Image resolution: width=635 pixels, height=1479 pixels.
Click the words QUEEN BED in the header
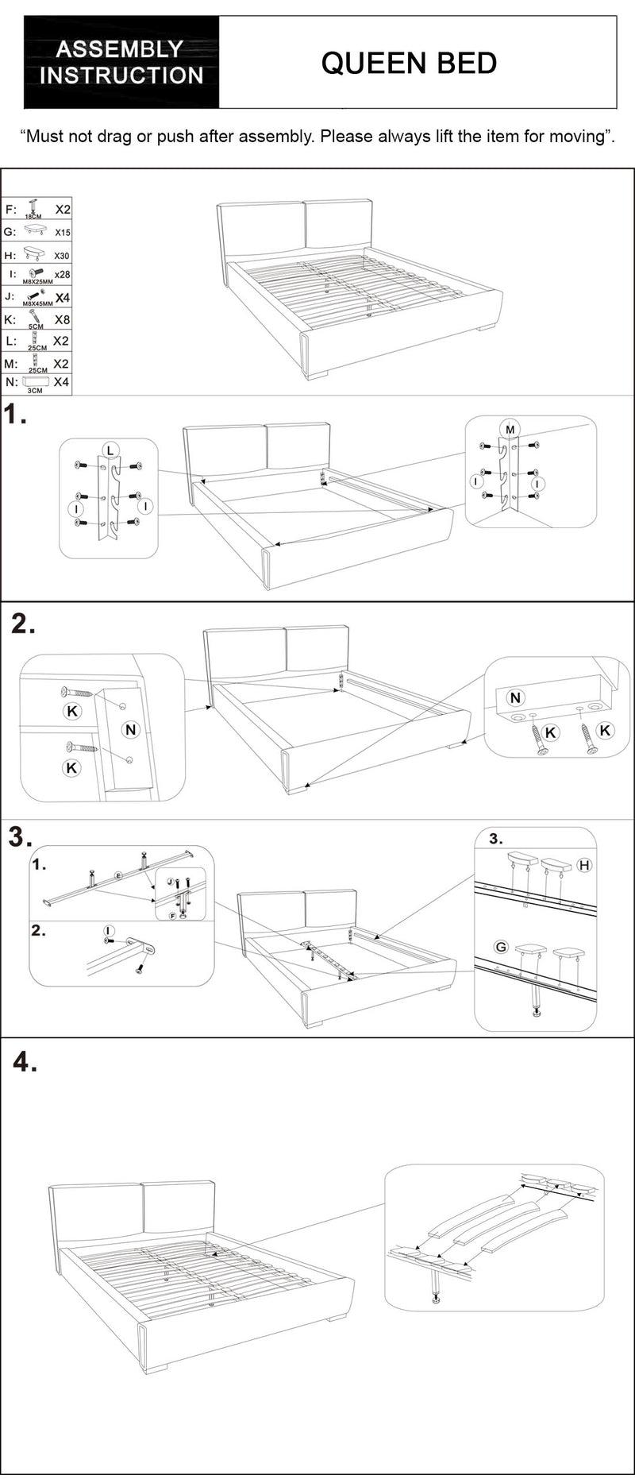[x=409, y=63]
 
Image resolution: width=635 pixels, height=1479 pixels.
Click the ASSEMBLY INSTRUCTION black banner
[x=121, y=63]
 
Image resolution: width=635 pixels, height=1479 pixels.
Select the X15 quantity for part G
[x=62, y=233]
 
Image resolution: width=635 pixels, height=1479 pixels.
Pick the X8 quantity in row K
[x=62, y=320]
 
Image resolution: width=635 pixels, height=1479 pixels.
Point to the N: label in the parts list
[x=11, y=382]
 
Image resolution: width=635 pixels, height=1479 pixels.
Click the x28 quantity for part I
[x=62, y=275]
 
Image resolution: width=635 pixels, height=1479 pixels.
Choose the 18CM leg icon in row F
[x=33, y=208]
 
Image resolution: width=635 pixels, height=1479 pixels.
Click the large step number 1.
[x=14, y=415]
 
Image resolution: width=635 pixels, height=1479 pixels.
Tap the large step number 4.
[x=25, y=1062]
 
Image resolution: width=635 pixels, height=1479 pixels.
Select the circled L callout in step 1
[x=110, y=450]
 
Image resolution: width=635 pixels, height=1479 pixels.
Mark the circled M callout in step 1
[x=510, y=430]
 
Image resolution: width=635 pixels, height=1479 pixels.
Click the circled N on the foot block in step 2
[x=516, y=697]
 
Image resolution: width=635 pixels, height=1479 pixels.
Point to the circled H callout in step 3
[x=585, y=865]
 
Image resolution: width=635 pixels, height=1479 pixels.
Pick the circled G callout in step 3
[x=501, y=947]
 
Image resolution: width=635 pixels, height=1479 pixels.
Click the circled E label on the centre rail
[x=118, y=875]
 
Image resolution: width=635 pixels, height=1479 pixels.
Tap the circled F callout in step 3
[x=172, y=916]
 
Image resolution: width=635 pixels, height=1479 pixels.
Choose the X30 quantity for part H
[x=62, y=256]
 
